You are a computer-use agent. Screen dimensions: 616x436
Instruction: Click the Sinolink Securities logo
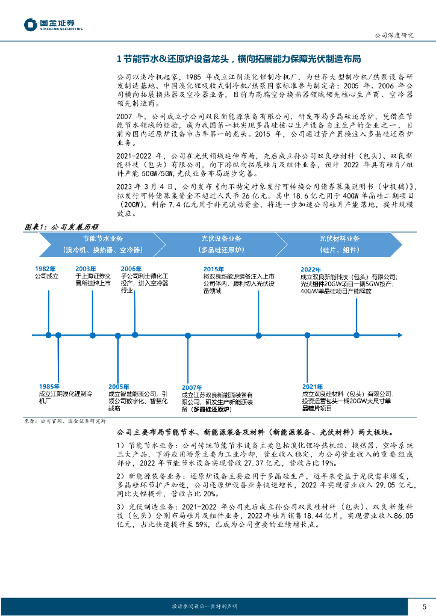tap(52, 25)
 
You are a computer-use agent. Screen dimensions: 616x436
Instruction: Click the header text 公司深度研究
tap(394, 35)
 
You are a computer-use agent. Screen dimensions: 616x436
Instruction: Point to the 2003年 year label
tap(86, 269)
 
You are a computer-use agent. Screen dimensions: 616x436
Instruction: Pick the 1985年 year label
tap(49, 386)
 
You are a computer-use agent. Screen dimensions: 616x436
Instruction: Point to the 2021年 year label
tap(313, 386)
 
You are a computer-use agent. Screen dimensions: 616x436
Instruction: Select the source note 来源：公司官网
tap(55, 421)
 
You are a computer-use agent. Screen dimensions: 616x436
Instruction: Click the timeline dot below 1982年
tap(49, 334)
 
